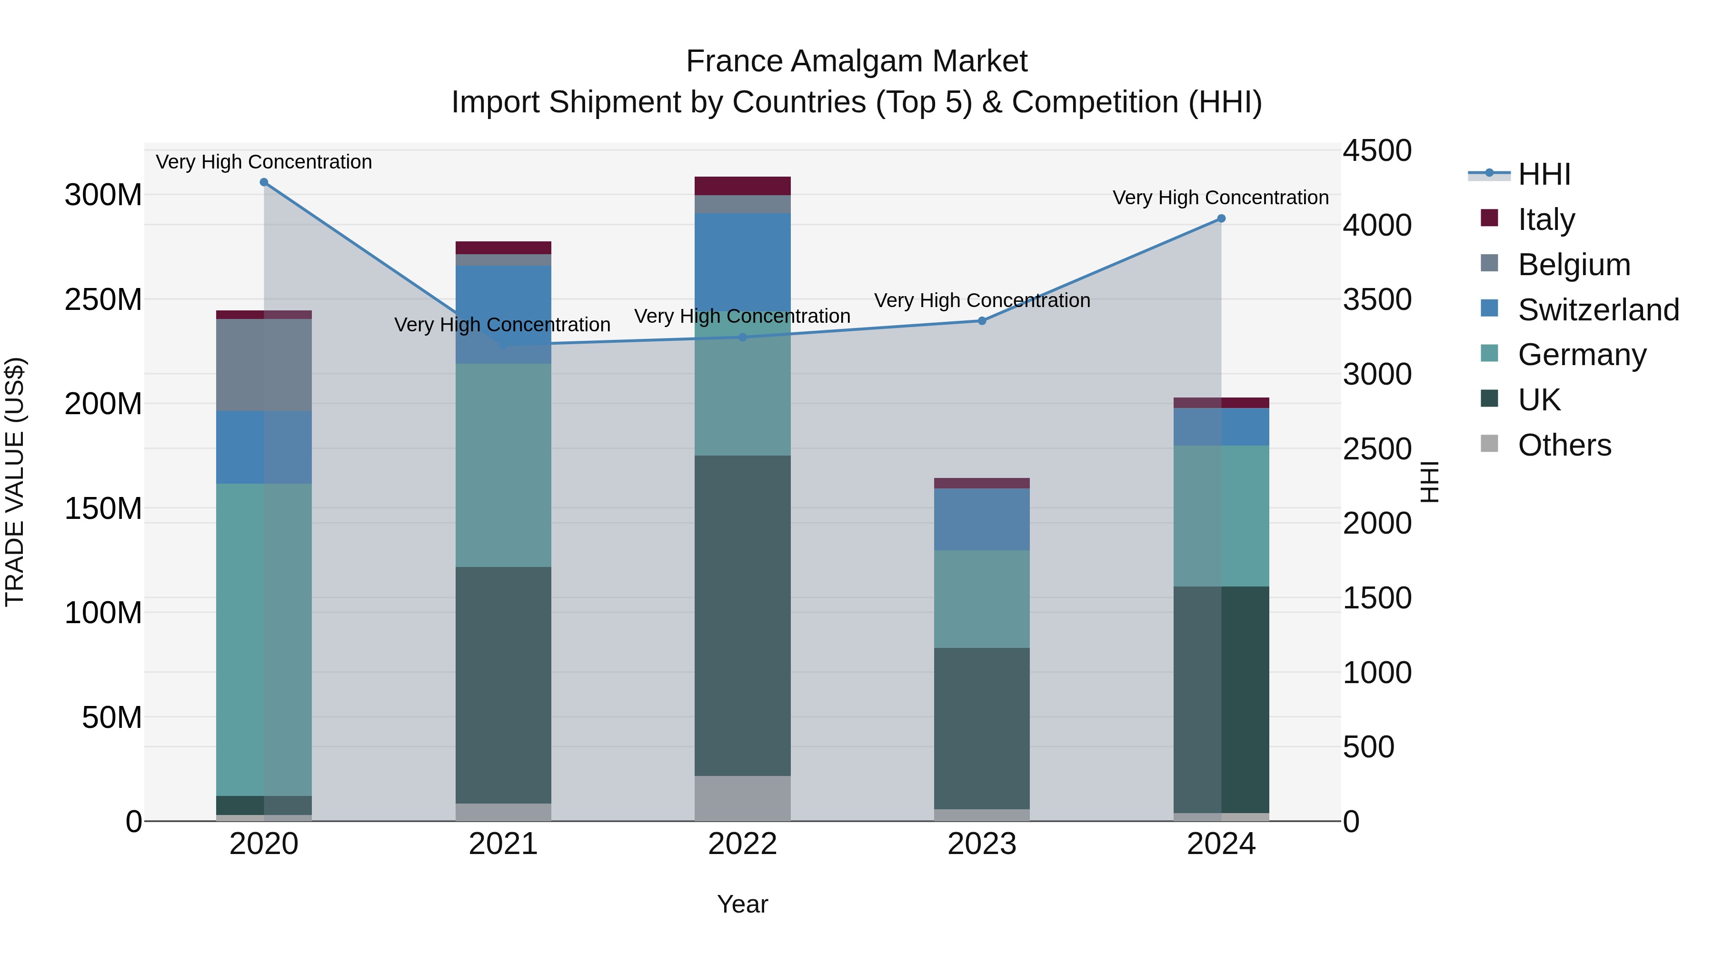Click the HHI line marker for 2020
click(264, 182)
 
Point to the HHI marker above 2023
click(982, 321)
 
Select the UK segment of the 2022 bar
click(743, 616)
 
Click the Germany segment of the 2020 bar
click(264, 639)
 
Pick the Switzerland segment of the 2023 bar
click(982, 519)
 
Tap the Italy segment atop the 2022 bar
click(743, 186)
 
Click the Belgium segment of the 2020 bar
click(264, 365)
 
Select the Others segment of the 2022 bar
click(743, 798)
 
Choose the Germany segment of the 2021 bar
click(503, 465)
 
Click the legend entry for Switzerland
click(1597, 310)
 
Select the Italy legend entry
click(1545, 219)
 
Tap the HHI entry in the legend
click(1544, 174)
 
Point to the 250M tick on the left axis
click(103, 300)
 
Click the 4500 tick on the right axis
click(1376, 151)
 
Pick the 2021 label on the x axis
click(503, 844)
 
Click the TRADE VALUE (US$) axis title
click(15, 482)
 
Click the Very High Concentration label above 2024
click(1220, 198)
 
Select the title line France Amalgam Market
click(857, 61)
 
